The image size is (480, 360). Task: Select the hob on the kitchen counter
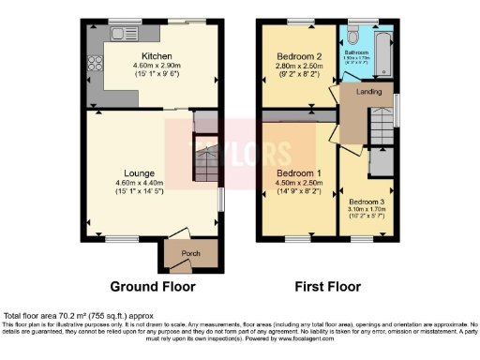click(95, 67)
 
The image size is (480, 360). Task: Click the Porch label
click(178, 253)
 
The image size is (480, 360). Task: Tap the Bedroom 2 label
click(299, 56)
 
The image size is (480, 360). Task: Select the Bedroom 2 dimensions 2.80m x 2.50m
click(299, 66)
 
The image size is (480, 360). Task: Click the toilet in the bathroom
click(352, 35)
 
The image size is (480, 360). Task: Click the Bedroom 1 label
click(298, 173)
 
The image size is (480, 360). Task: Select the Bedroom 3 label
click(367, 201)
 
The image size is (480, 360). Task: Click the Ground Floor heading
click(151, 285)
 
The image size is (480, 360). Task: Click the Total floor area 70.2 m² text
click(79, 316)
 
